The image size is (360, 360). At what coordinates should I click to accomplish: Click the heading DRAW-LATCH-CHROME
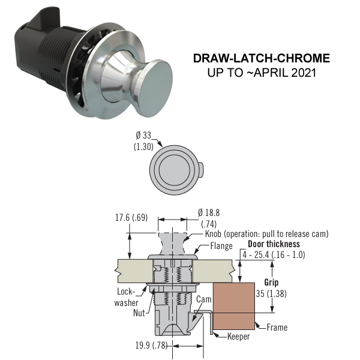262,58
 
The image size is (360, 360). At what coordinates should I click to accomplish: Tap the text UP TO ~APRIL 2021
262,73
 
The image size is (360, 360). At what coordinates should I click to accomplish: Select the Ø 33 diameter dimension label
143,141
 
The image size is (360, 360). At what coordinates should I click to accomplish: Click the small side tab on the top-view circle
200,170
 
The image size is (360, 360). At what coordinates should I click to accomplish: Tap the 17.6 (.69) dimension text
131,217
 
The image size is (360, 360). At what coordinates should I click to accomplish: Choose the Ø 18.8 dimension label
209,218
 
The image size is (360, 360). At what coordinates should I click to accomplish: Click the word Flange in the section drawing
221,246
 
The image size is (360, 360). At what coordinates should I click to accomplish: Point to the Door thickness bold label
274,244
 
